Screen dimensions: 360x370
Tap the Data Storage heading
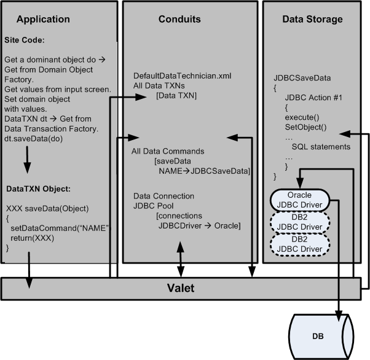[x=312, y=19]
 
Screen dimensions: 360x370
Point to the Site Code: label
[x=25, y=39]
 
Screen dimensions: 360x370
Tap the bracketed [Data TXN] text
[x=176, y=96]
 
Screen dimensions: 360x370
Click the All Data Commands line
[x=168, y=151]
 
